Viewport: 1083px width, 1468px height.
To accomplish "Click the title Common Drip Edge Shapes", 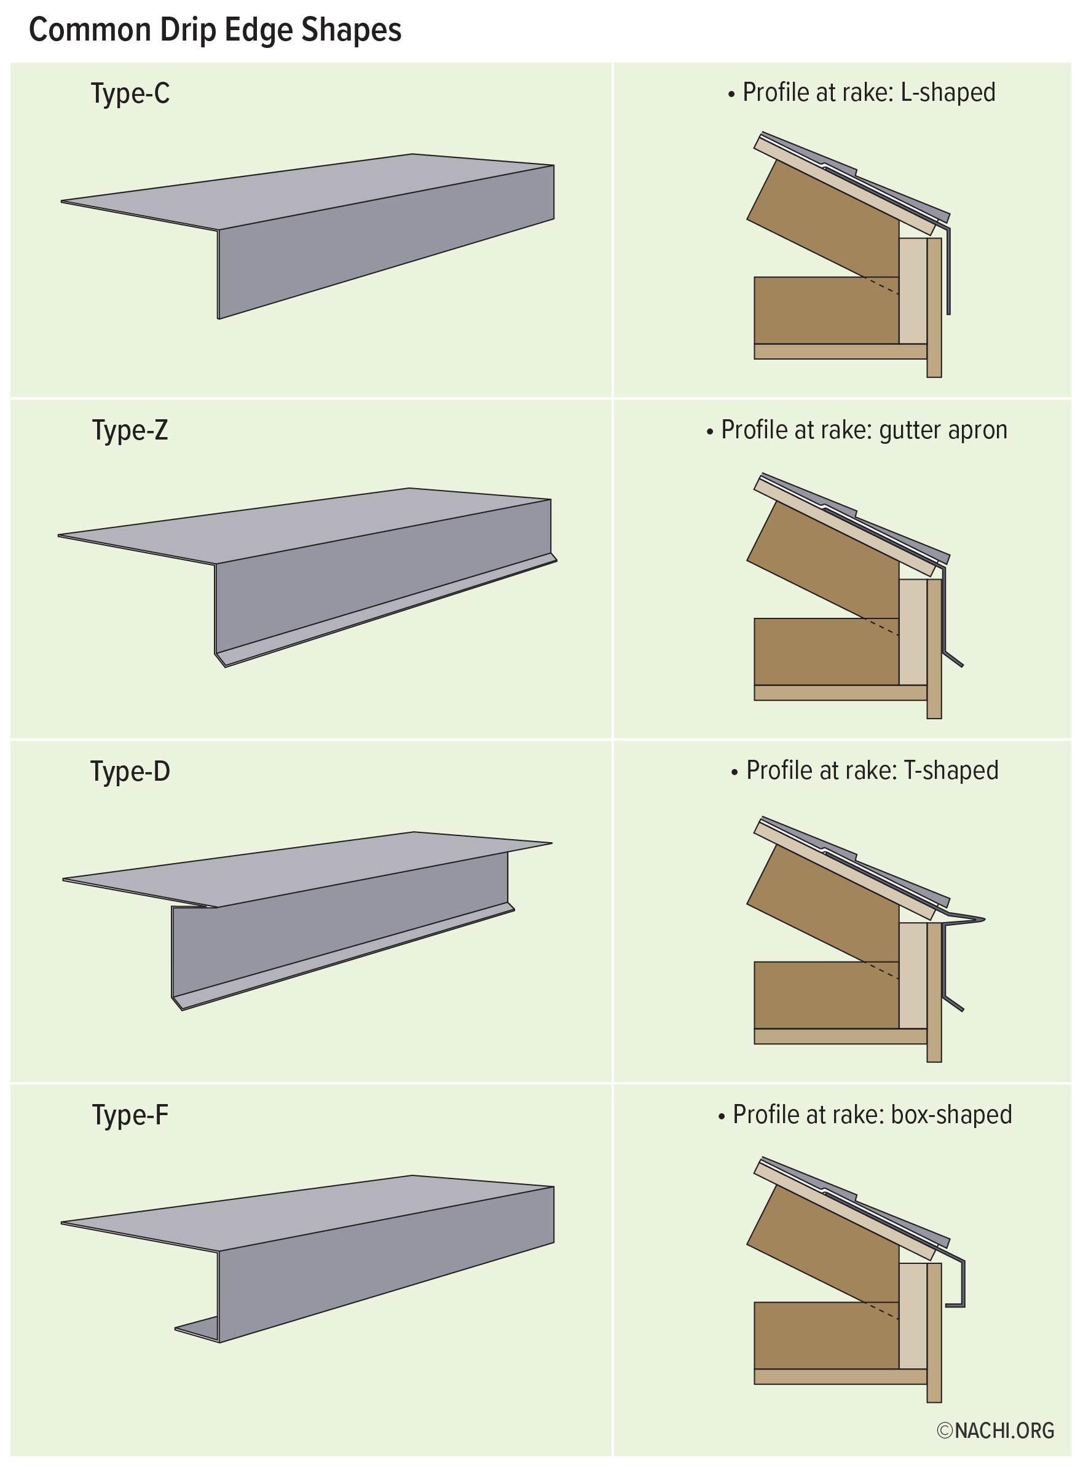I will pyautogui.click(x=215, y=30).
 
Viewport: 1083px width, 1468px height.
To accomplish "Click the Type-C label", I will pyautogui.click(x=130, y=94).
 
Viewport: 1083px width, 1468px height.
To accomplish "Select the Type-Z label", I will pyautogui.click(x=130, y=431).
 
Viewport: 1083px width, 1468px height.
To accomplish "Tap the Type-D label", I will pyautogui.click(x=130, y=771).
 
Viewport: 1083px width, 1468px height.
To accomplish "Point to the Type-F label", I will pyautogui.click(x=130, y=1115).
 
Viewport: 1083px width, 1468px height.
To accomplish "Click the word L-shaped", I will pyautogui.click(x=948, y=92).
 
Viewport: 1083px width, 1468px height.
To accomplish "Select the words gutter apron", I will pyautogui.click(x=943, y=430).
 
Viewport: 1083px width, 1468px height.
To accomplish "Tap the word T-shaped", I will pyautogui.click(x=951, y=770).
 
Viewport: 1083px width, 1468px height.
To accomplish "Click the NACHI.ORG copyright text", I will pyautogui.click(x=996, y=1430).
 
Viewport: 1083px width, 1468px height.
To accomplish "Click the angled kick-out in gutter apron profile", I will pyautogui.click(x=955, y=660).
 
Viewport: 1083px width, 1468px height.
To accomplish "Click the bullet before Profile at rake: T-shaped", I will pyautogui.click(x=734, y=772).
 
